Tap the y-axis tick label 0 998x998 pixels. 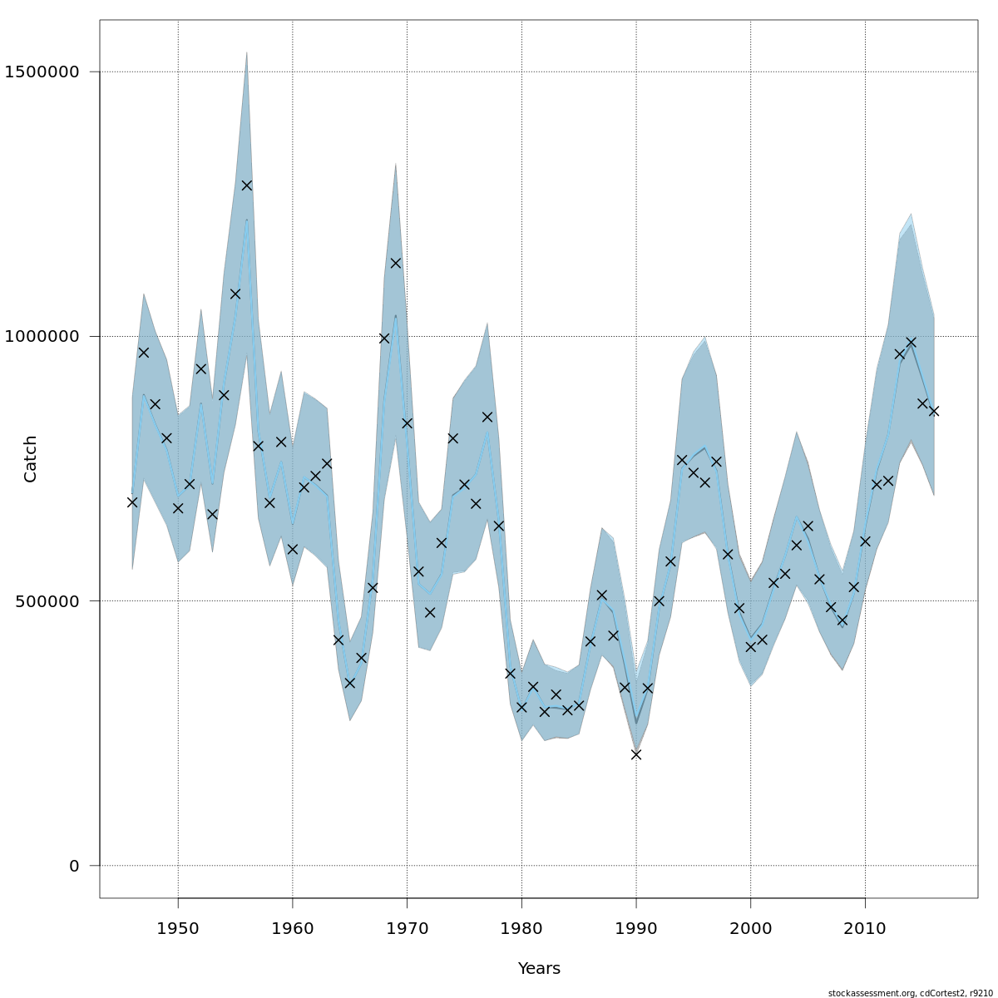(x=74, y=866)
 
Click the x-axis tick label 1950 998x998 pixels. (x=178, y=927)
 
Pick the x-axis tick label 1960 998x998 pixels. (x=293, y=927)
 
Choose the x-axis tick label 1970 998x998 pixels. (x=407, y=927)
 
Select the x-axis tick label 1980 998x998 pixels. (x=521, y=927)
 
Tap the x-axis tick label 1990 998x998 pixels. (x=636, y=927)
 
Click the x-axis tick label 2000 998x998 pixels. (x=751, y=927)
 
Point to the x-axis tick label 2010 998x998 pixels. (x=865, y=927)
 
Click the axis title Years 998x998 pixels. (x=539, y=969)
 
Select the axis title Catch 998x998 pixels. (x=31, y=459)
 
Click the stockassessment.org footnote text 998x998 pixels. (x=911, y=993)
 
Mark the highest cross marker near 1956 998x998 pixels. (x=247, y=185)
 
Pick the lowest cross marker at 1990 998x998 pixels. (x=636, y=754)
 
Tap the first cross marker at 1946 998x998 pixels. (x=132, y=502)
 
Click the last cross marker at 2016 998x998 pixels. (x=934, y=411)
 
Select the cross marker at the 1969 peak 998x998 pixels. (x=396, y=263)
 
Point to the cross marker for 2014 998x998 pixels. (x=911, y=342)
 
